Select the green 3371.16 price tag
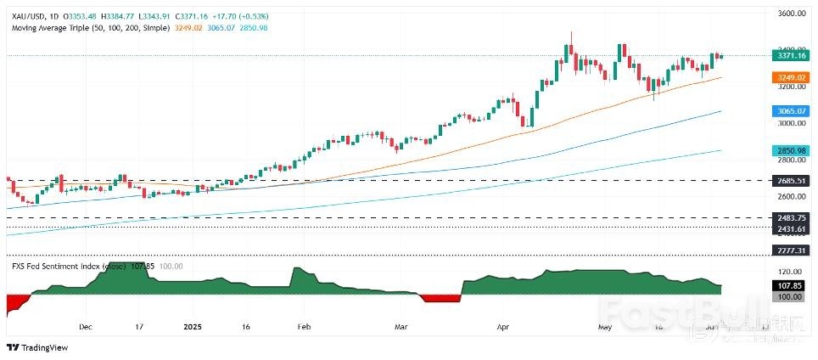(789, 56)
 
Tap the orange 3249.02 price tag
(789, 76)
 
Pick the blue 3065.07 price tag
(789, 111)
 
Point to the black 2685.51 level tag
(789, 181)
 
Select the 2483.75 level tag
(789, 218)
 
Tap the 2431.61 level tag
(789, 228)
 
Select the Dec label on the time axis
(84, 326)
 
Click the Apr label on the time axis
(502, 326)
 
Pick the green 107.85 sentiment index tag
(789, 285)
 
